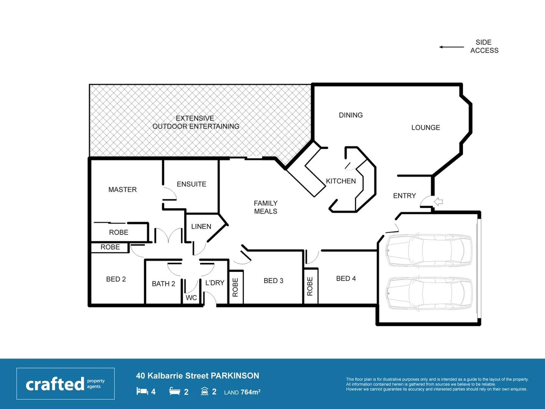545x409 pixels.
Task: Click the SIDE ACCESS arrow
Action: pyautogui.click(x=452, y=47)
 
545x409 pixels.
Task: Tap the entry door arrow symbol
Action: pyautogui.click(x=439, y=202)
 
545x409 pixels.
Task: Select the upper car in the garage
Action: pyautogui.click(x=429, y=250)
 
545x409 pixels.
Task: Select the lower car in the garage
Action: pyautogui.click(x=429, y=293)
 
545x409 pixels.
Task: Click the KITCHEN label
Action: pyautogui.click(x=341, y=181)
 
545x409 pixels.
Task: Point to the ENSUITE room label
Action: pyautogui.click(x=192, y=184)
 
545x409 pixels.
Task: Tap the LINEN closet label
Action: pyautogui.click(x=201, y=226)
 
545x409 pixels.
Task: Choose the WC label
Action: pyautogui.click(x=191, y=298)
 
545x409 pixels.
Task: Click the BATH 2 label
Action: pyautogui.click(x=163, y=284)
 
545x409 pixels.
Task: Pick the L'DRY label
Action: pyautogui.click(x=215, y=283)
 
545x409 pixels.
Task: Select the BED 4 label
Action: pyautogui.click(x=346, y=278)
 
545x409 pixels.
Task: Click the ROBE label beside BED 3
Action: pyautogui.click(x=235, y=287)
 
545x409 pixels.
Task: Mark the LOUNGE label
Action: pyautogui.click(x=425, y=128)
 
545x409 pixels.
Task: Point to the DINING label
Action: pyautogui.click(x=350, y=115)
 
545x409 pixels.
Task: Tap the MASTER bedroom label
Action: pyautogui.click(x=122, y=189)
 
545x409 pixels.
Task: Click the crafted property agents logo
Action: pyautogui.click(x=65, y=384)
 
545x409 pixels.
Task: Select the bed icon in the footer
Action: pyautogui.click(x=142, y=391)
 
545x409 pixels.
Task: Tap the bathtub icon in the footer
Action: pyautogui.click(x=174, y=391)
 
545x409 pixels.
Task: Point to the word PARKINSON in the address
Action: pyautogui.click(x=235, y=376)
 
